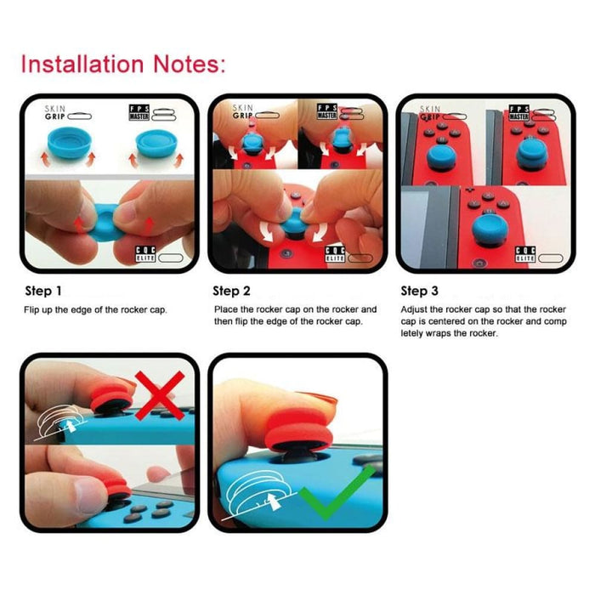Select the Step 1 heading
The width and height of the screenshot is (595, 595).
click(42, 292)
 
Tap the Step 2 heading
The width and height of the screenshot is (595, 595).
click(231, 292)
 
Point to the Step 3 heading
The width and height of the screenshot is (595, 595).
click(420, 292)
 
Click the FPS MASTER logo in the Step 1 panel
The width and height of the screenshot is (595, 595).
click(141, 113)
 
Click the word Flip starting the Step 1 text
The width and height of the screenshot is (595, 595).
click(31, 309)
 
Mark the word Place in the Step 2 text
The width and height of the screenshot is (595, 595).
click(224, 309)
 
